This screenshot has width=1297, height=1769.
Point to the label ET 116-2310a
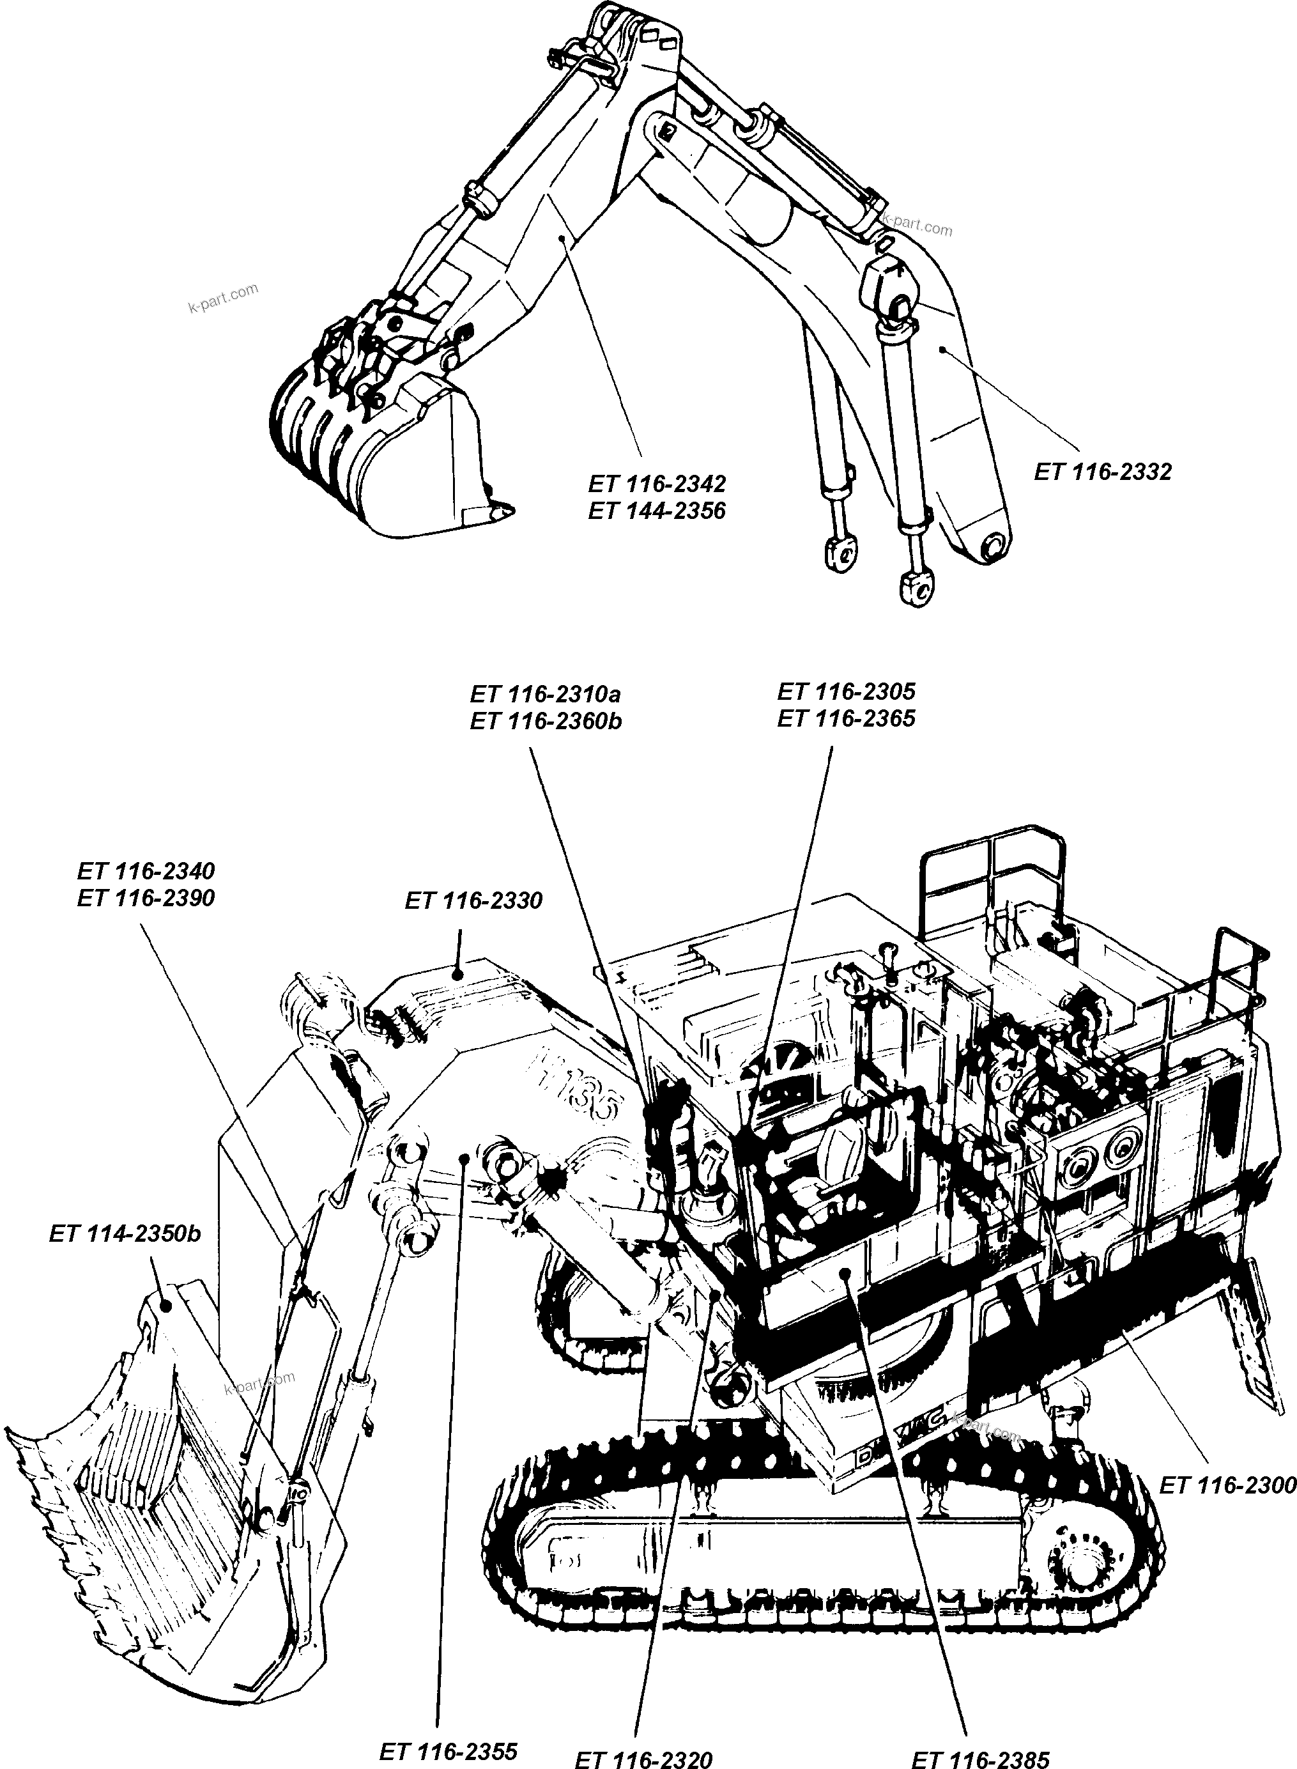tap(546, 694)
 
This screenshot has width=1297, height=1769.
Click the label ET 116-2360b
tap(546, 721)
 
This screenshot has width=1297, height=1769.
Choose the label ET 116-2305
tap(847, 691)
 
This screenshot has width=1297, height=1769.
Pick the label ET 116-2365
tap(847, 718)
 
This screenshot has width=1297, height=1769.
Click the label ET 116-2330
tap(473, 900)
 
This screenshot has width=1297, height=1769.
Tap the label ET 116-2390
tap(146, 899)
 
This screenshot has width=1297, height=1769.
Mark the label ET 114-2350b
tap(125, 1233)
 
